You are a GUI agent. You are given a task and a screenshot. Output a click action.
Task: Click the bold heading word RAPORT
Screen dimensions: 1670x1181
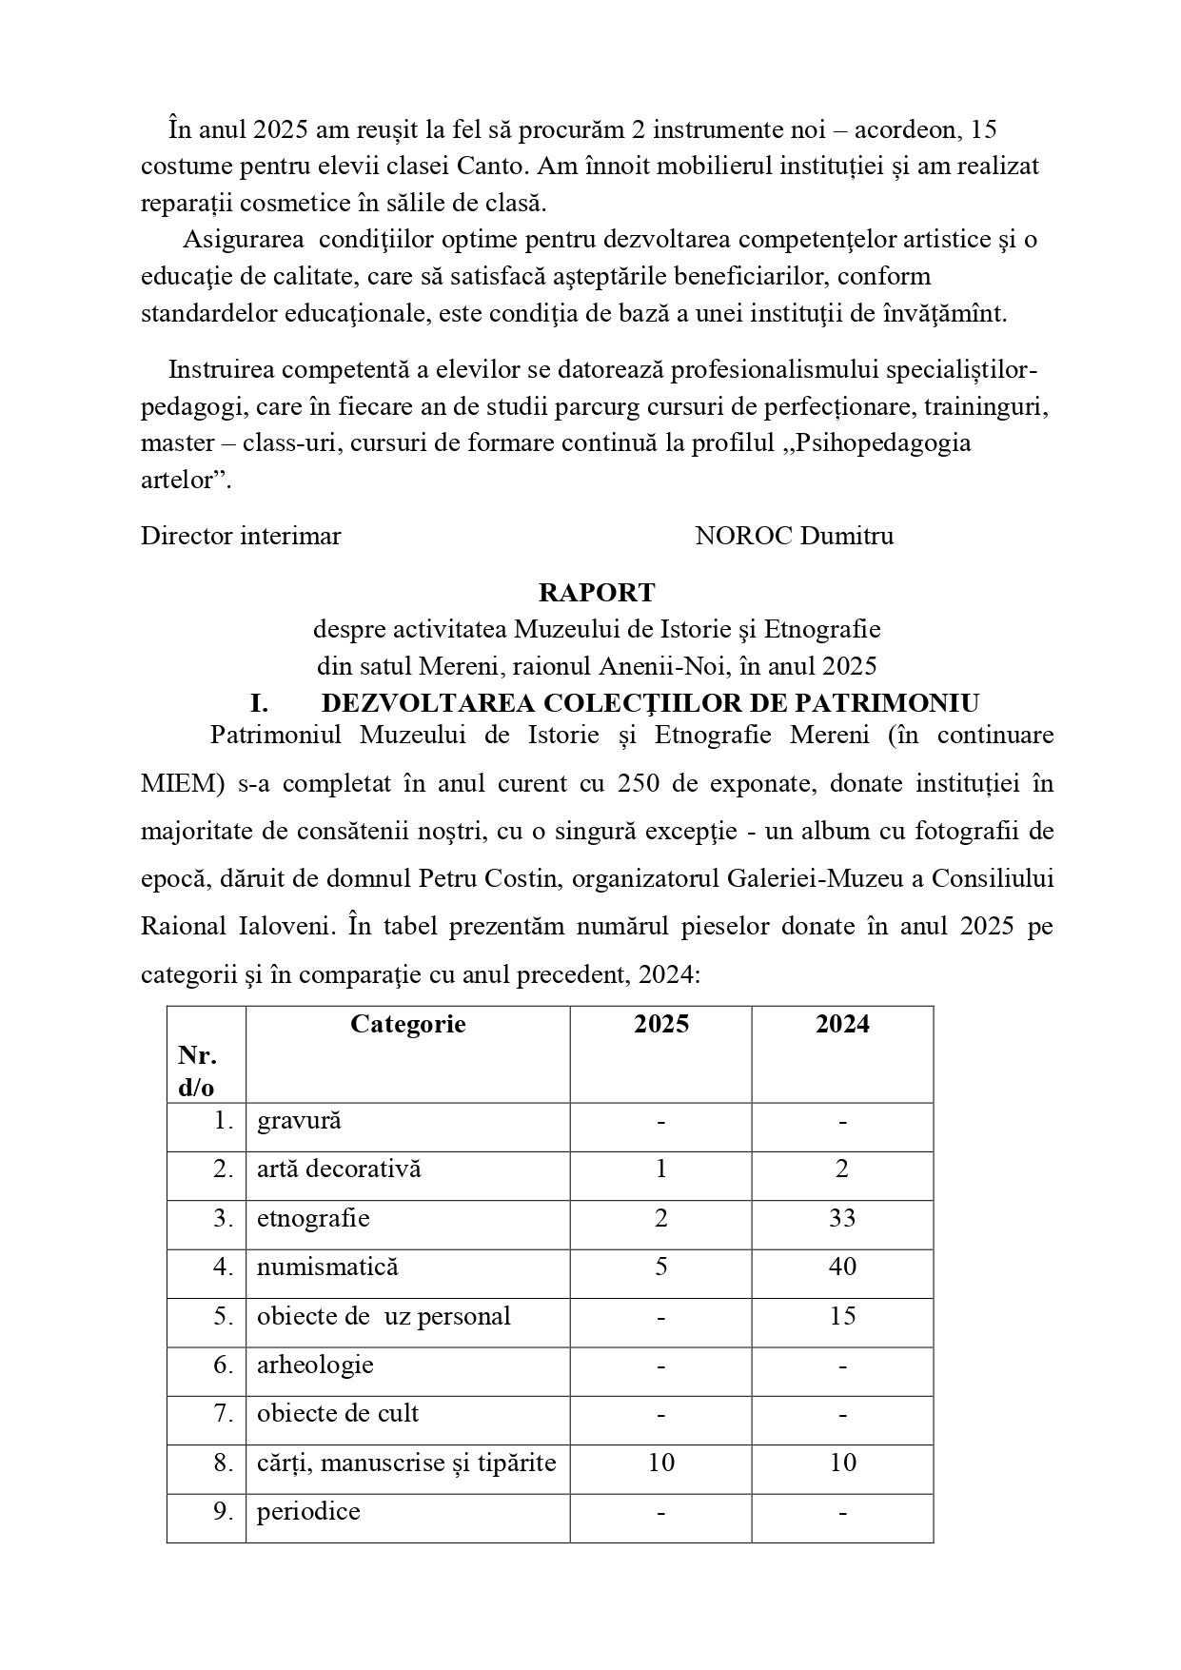597,593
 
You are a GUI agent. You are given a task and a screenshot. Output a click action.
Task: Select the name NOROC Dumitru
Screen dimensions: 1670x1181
794,536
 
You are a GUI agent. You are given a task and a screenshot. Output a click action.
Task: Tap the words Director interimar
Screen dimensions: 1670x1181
241,536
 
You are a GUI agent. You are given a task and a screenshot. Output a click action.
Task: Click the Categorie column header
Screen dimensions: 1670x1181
407,1024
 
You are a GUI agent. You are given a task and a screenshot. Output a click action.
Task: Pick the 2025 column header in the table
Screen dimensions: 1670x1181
661,1024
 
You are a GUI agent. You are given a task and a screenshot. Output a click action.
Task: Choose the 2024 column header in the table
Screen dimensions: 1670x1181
842,1024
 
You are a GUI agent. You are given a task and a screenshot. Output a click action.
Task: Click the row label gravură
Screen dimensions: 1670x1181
299,1121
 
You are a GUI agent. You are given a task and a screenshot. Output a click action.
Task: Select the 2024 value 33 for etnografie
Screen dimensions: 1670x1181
842,1219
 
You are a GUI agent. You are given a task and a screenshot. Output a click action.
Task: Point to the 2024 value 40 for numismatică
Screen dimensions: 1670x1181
842,1267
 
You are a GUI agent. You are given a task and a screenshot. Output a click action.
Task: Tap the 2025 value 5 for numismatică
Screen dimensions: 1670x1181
661,1267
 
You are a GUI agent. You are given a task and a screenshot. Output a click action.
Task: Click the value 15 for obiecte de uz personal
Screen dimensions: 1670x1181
842,1317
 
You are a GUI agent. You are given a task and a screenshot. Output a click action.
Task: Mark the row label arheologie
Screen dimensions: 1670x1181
315,1365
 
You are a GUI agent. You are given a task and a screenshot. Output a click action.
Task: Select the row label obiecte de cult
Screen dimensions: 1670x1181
338,1414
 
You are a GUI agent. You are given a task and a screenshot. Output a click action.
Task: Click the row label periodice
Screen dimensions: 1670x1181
308,1512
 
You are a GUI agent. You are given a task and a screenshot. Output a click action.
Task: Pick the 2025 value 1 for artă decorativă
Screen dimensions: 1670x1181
661,1169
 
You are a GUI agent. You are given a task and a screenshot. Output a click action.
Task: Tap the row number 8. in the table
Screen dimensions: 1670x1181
224,1464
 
